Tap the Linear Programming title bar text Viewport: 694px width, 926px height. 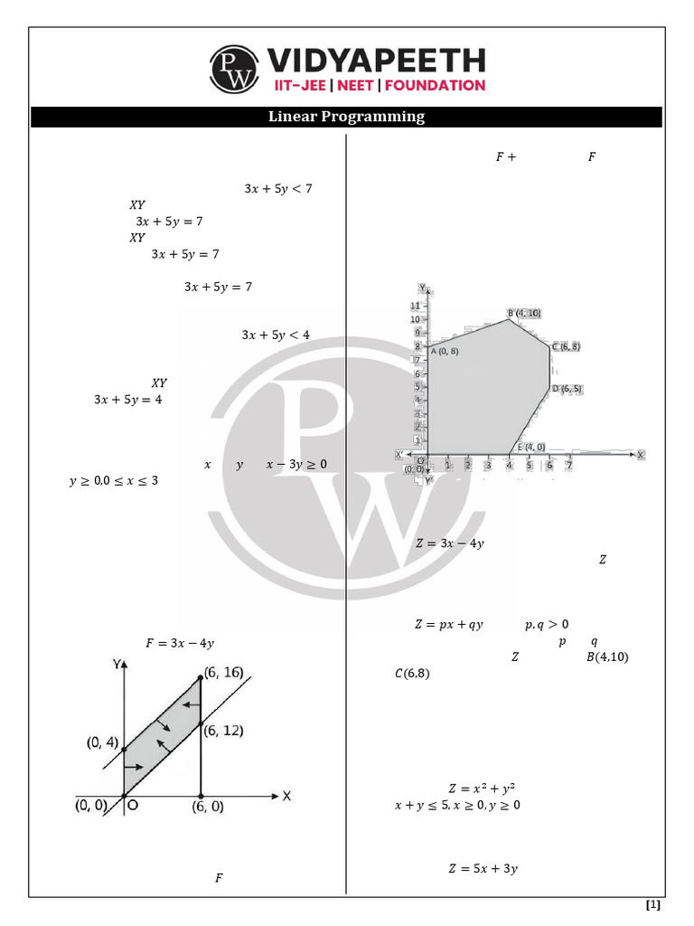(346, 117)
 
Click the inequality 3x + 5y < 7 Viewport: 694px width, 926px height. (277, 189)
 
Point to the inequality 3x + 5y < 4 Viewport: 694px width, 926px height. (276, 335)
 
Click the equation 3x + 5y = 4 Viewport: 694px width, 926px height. (127, 399)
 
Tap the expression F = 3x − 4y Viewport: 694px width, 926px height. (180, 644)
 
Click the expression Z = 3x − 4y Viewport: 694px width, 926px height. (449, 543)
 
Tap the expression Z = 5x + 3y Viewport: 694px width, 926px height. (483, 869)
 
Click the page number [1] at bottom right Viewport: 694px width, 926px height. (653, 905)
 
